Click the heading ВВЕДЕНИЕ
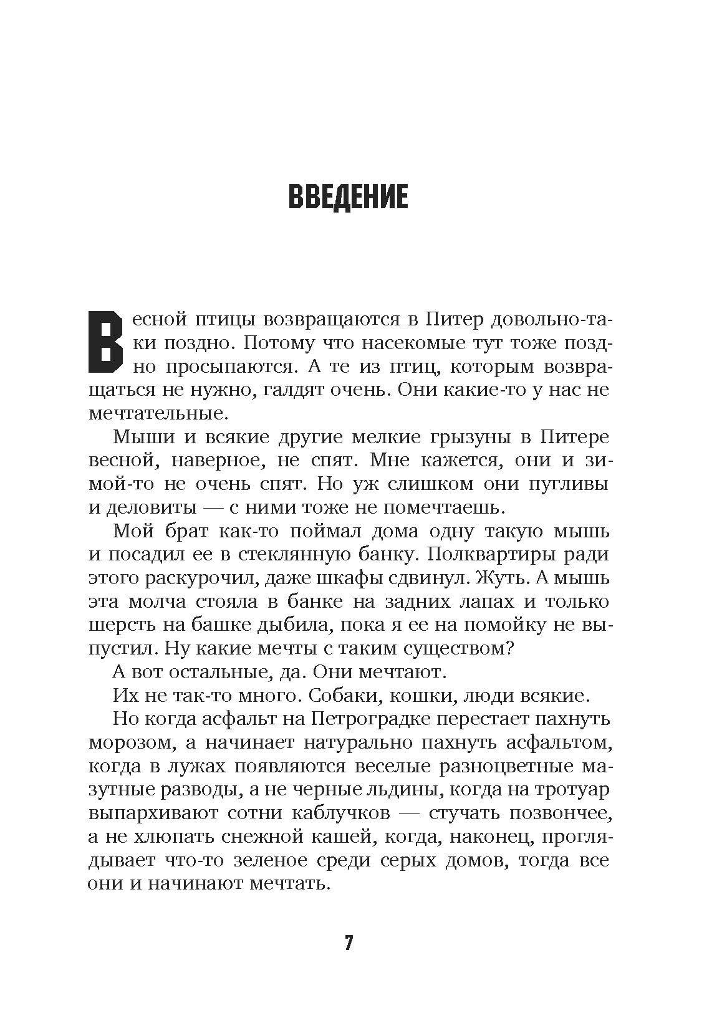(348, 196)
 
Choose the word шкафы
(359, 578)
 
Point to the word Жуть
(501, 578)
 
